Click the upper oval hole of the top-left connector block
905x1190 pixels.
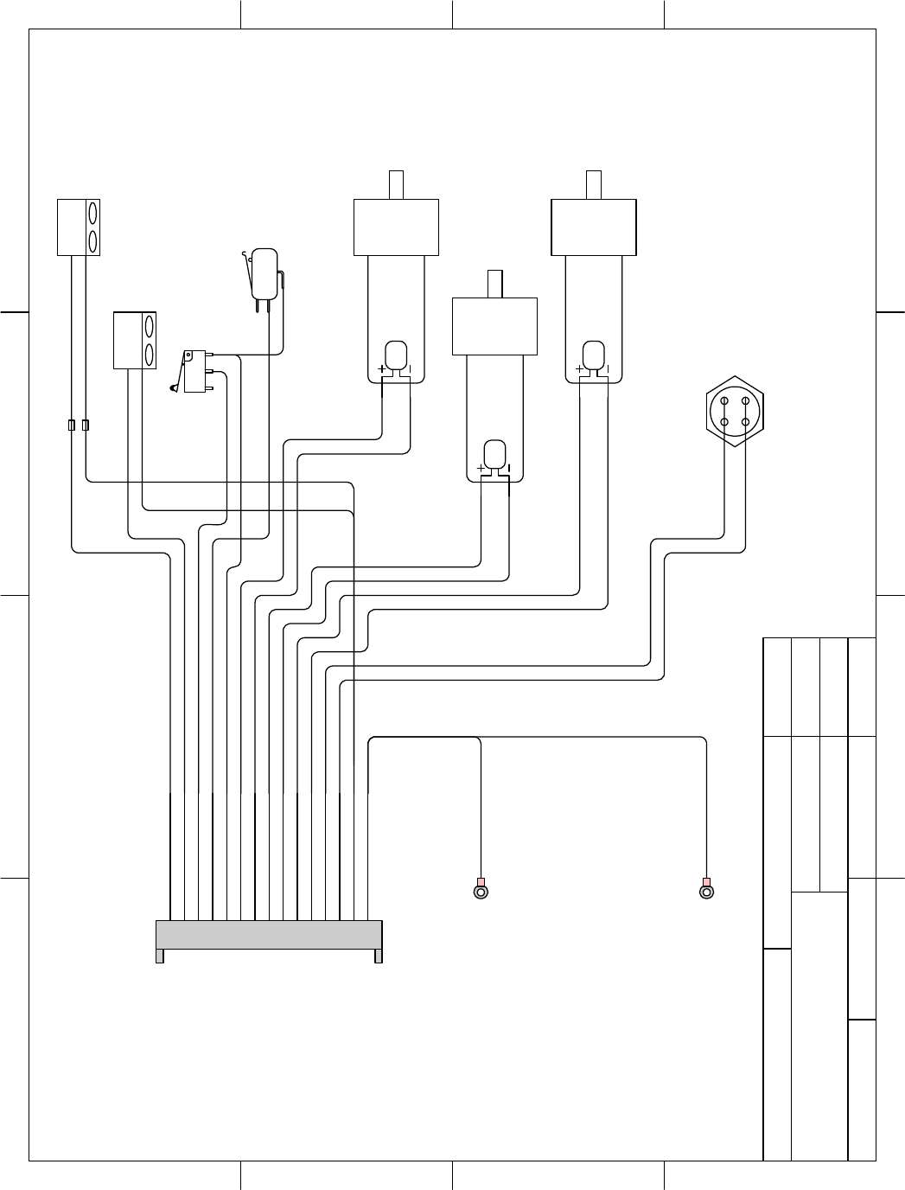click(x=92, y=213)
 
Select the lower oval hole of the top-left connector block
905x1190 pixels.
click(x=92, y=240)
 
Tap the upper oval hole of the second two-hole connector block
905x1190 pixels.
click(x=150, y=326)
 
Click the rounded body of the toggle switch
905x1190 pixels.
click(x=264, y=273)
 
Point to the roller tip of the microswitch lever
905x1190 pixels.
click(x=175, y=388)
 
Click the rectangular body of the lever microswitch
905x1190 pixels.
click(x=195, y=372)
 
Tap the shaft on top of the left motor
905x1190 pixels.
click(x=396, y=185)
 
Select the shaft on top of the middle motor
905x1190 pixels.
click(x=494, y=284)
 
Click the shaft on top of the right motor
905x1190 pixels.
click(x=594, y=185)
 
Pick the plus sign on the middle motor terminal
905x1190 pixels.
click(x=481, y=469)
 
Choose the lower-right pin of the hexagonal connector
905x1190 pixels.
click(x=745, y=422)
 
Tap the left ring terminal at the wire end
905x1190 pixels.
click(x=481, y=891)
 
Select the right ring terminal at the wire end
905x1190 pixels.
click(x=706, y=891)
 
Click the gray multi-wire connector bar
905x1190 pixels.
click(x=269, y=935)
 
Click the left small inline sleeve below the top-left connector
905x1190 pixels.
click(x=71, y=425)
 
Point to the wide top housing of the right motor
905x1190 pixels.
click(x=594, y=227)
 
